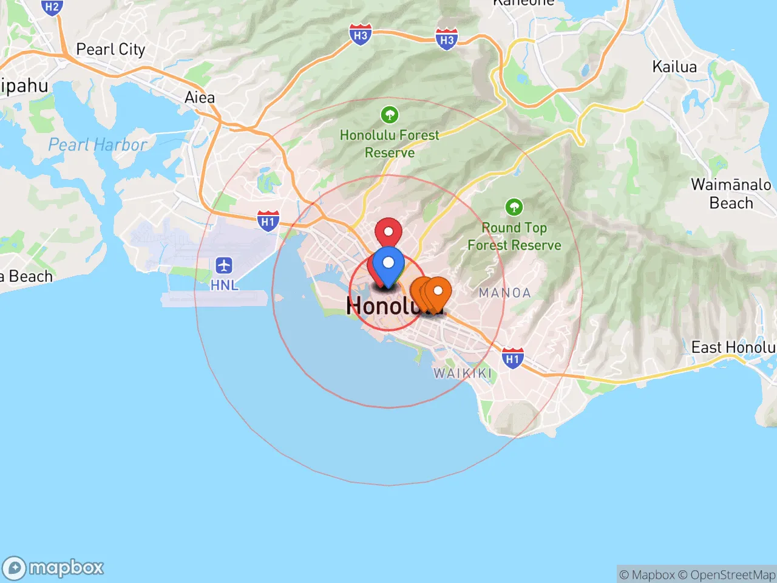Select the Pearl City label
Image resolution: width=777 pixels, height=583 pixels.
point(110,49)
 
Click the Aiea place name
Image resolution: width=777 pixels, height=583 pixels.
point(200,97)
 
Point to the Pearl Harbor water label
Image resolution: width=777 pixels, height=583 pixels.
point(97,145)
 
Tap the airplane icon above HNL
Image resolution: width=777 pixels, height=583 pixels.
point(224,265)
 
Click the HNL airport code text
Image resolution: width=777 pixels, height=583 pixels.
point(224,284)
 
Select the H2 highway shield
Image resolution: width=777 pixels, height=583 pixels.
point(52,7)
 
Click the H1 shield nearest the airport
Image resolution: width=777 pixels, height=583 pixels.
point(268,221)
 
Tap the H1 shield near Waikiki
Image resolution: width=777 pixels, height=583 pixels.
point(512,358)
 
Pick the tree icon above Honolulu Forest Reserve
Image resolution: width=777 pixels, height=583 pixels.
point(389,114)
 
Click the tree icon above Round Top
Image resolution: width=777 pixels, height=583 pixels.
point(514,207)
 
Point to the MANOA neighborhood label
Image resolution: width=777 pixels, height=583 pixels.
point(504,293)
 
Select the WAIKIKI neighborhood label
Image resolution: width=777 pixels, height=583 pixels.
point(463,373)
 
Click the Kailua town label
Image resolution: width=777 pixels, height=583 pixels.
point(674,66)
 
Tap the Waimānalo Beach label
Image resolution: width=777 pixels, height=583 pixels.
point(731,193)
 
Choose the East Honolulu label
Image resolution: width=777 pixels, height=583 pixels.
point(733,347)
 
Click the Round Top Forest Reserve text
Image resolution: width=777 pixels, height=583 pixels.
point(514,236)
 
